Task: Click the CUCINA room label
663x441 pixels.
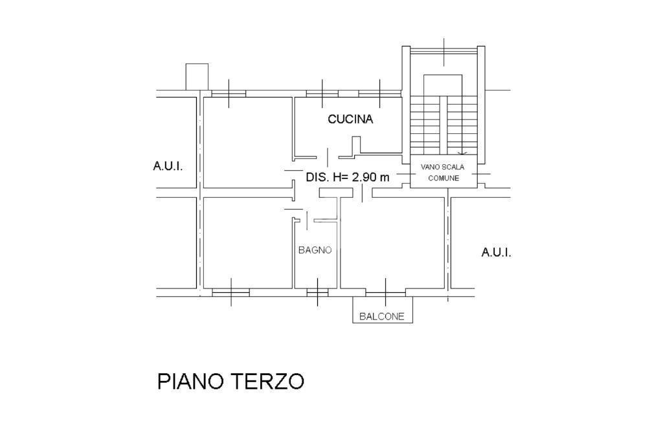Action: [x=350, y=119]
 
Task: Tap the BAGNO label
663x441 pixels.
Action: [x=315, y=250]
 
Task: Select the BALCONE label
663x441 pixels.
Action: [x=382, y=316]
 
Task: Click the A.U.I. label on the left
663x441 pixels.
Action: [x=168, y=166]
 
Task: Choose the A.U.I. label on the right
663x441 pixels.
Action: [x=496, y=252]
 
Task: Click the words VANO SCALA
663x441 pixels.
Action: [x=442, y=167]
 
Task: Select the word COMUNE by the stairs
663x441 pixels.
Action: [x=444, y=178]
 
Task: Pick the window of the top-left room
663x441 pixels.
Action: [x=229, y=94]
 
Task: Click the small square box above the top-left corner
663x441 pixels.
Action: [x=197, y=76]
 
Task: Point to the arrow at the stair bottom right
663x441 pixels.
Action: [x=462, y=153]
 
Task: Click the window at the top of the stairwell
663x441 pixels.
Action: [x=444, y=50]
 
